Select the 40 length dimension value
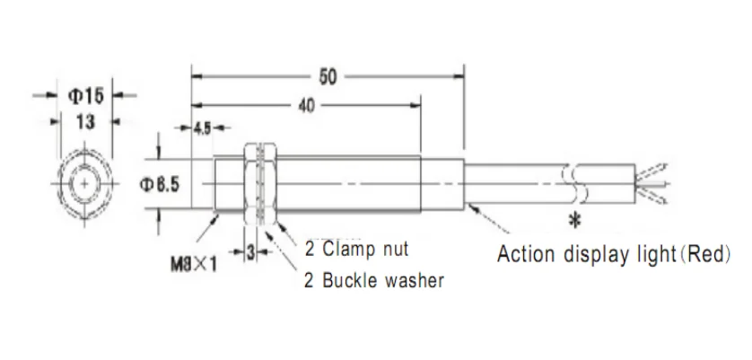(306, 105)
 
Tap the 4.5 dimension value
(201, 128)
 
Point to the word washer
(414, 280)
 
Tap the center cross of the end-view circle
(84, 184)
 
